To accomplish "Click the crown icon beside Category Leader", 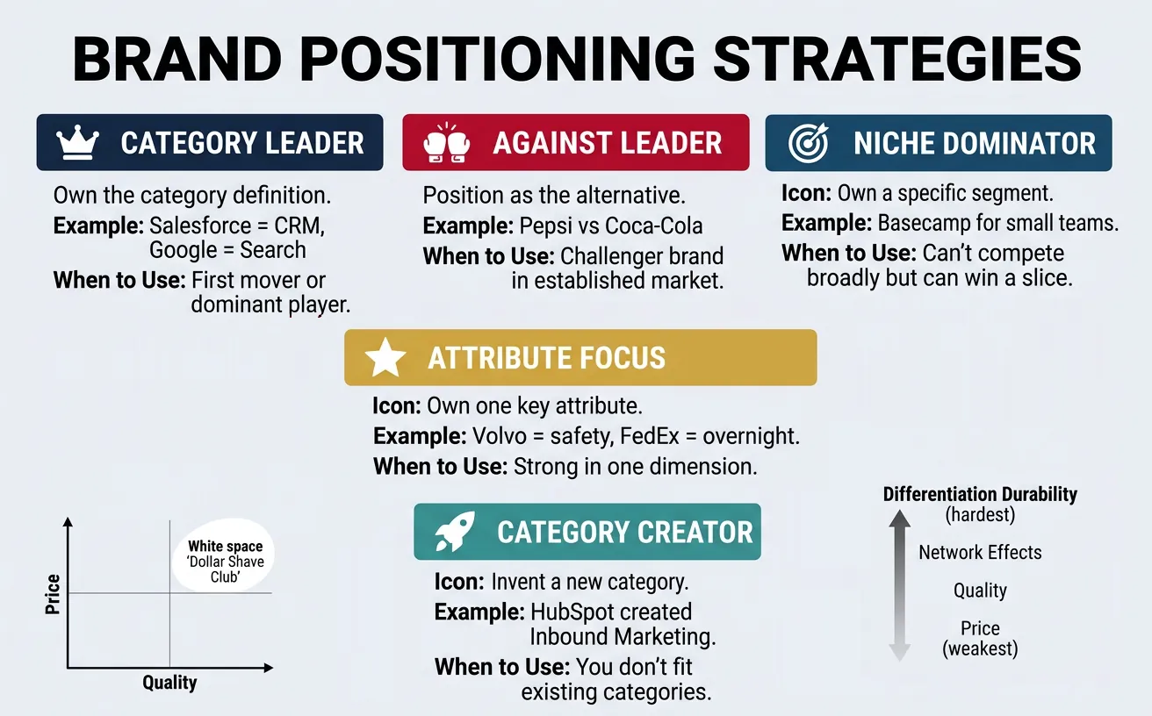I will pos(76,143).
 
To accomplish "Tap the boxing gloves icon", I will pos(445,143).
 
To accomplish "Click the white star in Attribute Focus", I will pos(385,358).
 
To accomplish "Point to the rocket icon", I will pos(455,532).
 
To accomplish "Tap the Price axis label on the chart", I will pos(53,594).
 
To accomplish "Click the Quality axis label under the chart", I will pos(169,683).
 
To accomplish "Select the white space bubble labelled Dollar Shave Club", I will pos(225,562).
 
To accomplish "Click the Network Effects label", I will pos(980,553).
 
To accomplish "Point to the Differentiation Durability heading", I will pos(980,494).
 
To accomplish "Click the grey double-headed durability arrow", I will pos(898,586).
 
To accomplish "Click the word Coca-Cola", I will pos(658,226).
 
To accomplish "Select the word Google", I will pos(180,250).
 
